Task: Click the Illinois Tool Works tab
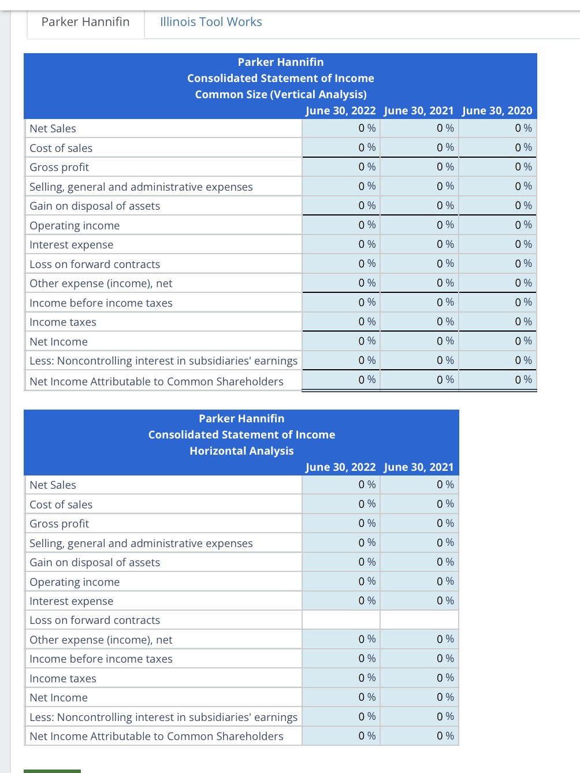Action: coord(211,22)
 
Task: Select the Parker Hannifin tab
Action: coord(85,22)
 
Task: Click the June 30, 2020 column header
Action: coord(497,110)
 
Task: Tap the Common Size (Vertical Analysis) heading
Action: coord(281,94)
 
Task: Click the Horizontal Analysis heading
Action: coord(241,451)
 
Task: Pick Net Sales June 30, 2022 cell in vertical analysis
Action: coord(341,128)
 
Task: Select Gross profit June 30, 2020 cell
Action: coord(498,167)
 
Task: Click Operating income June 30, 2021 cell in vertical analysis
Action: coord(419,225)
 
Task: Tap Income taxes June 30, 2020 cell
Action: coord(498,322)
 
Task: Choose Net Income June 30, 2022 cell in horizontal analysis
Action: coord(341,697)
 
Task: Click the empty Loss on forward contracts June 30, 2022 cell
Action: coord(341,620)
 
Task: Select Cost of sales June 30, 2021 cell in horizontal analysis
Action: coord(419,504)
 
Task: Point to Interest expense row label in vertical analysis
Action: coord(72,245)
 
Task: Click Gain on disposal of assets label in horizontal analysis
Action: coord(95,563)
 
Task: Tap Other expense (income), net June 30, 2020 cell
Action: coord(498,283)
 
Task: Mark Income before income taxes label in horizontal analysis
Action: coord(101,659)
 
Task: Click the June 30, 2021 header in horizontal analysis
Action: coord(419,467)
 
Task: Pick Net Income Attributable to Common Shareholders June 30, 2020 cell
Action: coord(498,380)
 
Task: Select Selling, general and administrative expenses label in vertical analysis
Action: coord(141,187)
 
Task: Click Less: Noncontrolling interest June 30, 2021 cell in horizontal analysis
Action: coord(419,716)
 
